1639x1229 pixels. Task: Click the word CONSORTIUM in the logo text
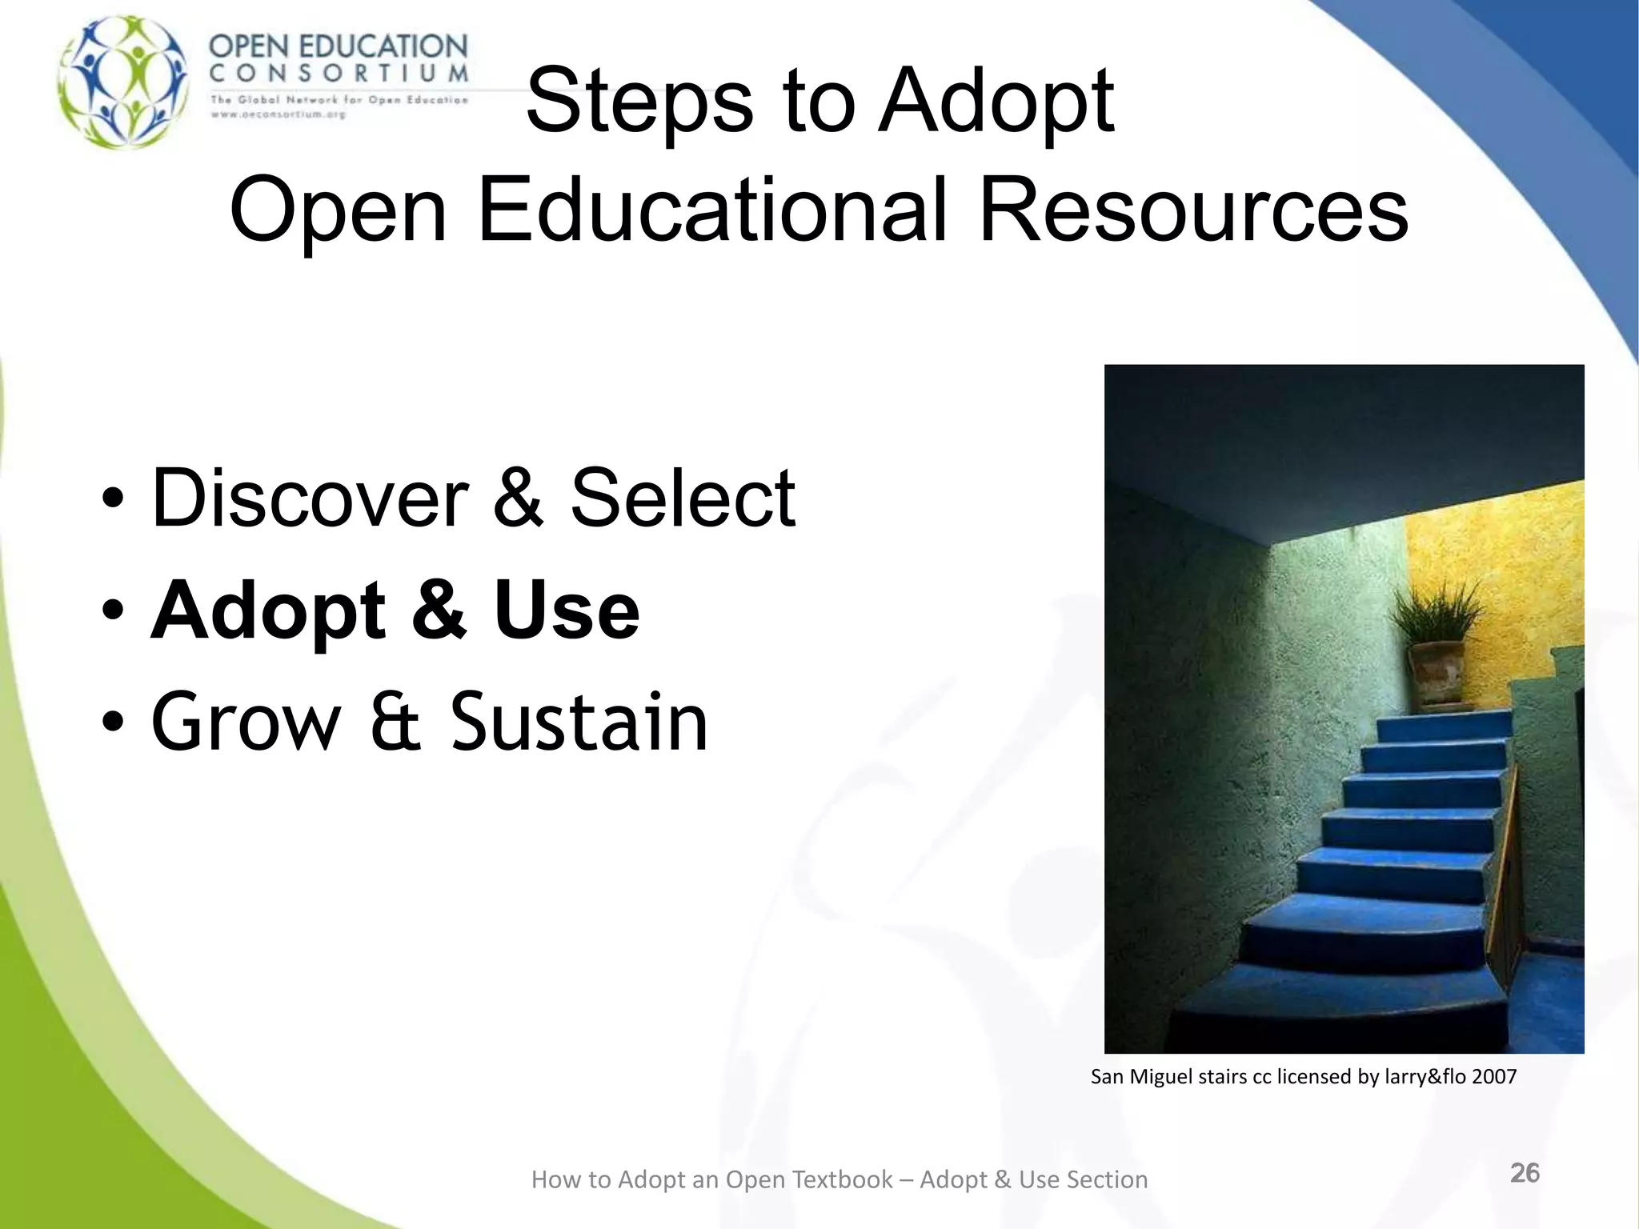pyautogui.click(x=339, y=74)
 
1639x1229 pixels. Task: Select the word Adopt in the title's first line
pyautogui.click(x=996, y=102)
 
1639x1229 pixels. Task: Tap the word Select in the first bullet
pyautogui.click(x=682, y=498)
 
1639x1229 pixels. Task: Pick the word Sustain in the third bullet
pyautogui.click(x=579, y=723)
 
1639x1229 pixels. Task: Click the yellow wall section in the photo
pyautogui.click(x=1505, y=576)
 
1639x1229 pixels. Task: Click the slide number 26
pyautogui.click(x=1525, y=1173)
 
